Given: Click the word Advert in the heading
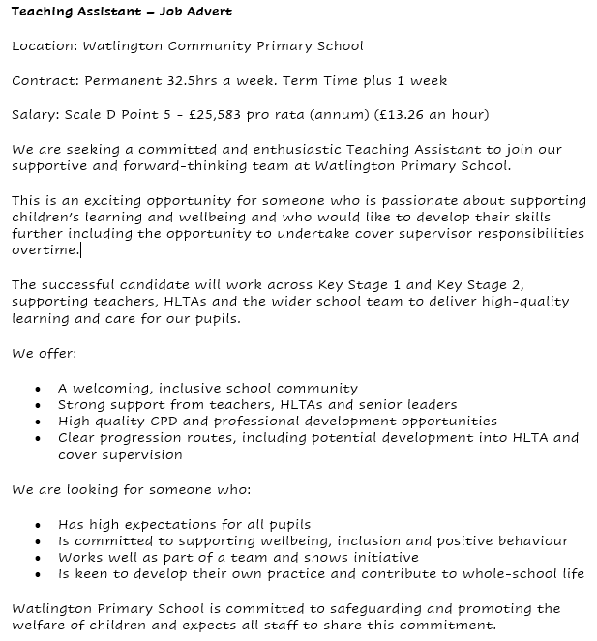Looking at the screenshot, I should (205, 12).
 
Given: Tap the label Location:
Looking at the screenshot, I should (44, 45).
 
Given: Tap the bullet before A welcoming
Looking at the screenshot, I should (37, 390).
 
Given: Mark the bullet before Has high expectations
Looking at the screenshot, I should (37, 526).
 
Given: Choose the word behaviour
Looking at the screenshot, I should (531, 540).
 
